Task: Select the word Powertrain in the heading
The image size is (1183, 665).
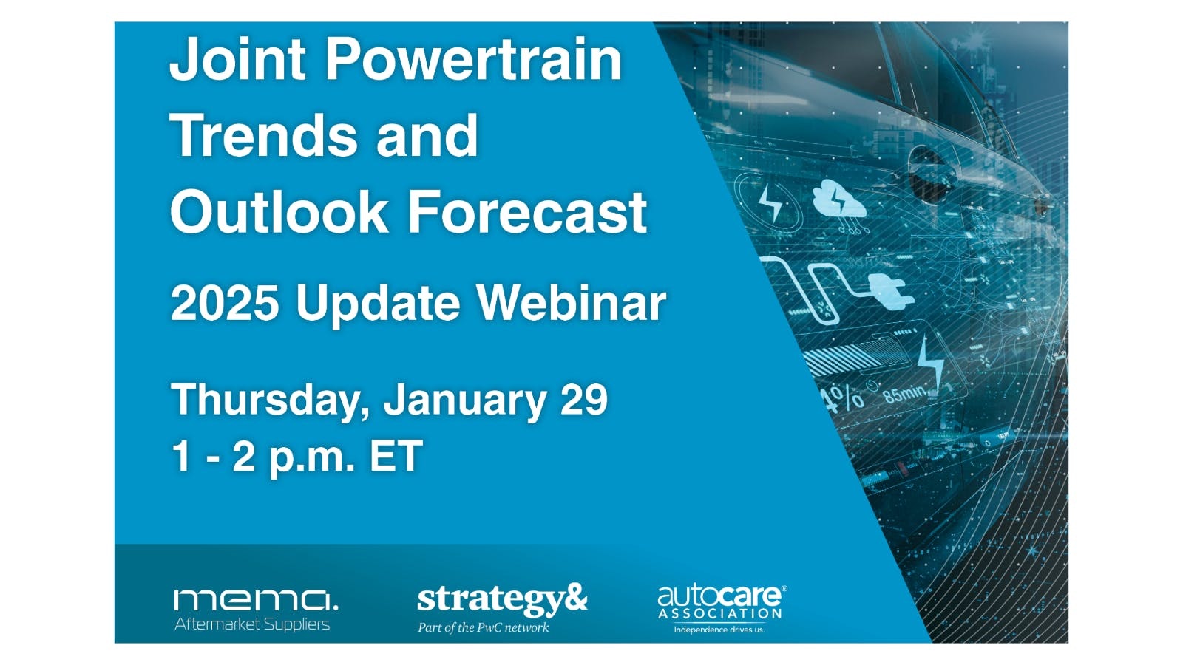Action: (474, 61)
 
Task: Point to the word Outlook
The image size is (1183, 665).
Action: (279, 211)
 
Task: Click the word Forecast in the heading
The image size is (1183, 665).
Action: (528, 211)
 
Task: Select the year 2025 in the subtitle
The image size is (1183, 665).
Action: (225, 304)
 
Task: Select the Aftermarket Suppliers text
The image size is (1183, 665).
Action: (252, 625)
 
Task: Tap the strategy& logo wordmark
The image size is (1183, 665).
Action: (502, 600)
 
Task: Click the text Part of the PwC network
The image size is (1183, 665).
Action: (484, 627)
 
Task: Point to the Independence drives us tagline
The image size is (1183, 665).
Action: (719, 630)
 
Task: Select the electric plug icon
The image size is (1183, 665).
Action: (891, 292)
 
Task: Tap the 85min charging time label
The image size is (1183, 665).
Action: (905, 393)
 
